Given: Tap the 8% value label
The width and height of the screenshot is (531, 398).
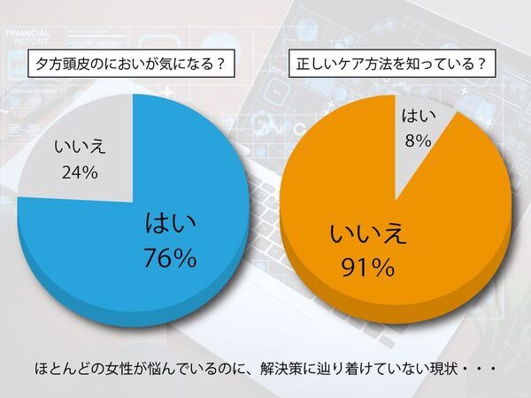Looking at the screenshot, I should coord(418,139).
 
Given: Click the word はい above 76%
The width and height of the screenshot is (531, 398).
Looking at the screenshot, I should coord(169,225).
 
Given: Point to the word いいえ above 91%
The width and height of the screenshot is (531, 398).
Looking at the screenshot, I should coord(368,233).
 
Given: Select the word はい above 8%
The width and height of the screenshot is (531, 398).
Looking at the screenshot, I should coord(417,115).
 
